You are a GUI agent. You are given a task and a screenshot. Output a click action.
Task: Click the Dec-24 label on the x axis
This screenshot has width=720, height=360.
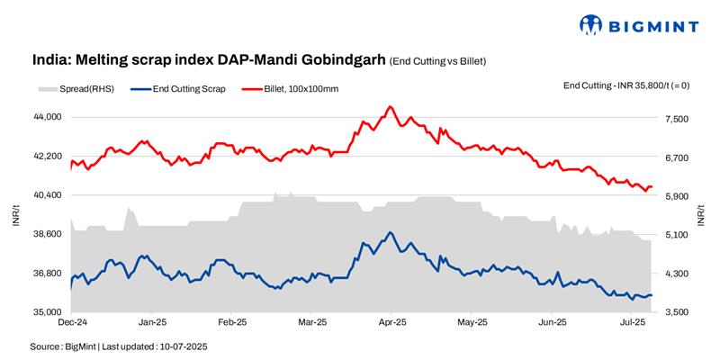[x=72, y=321]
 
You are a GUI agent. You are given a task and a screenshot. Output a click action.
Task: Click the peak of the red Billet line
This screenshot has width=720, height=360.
[x=390, y=106]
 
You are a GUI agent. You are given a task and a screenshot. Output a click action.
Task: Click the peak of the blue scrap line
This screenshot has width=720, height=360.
[x=390, y=232]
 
